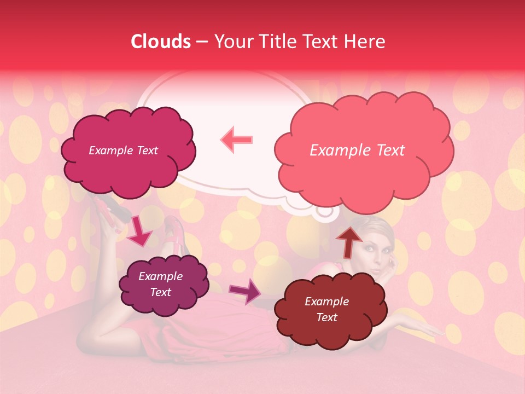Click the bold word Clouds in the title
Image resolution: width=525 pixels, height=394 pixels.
click(161, 42)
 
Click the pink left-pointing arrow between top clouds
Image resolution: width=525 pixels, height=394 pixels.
click(236, 140)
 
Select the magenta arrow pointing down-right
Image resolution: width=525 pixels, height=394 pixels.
click(139, 231)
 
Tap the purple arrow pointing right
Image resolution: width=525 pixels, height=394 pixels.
click(246, 291)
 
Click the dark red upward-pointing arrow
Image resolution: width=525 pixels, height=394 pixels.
click(348, 241)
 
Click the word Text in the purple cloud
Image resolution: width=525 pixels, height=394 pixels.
click(161, 292)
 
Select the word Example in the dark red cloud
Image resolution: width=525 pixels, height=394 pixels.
click(326, 302)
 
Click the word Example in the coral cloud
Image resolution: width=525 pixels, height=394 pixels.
click(335, 150)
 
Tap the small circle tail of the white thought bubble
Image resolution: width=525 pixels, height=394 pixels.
click(325, 210)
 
